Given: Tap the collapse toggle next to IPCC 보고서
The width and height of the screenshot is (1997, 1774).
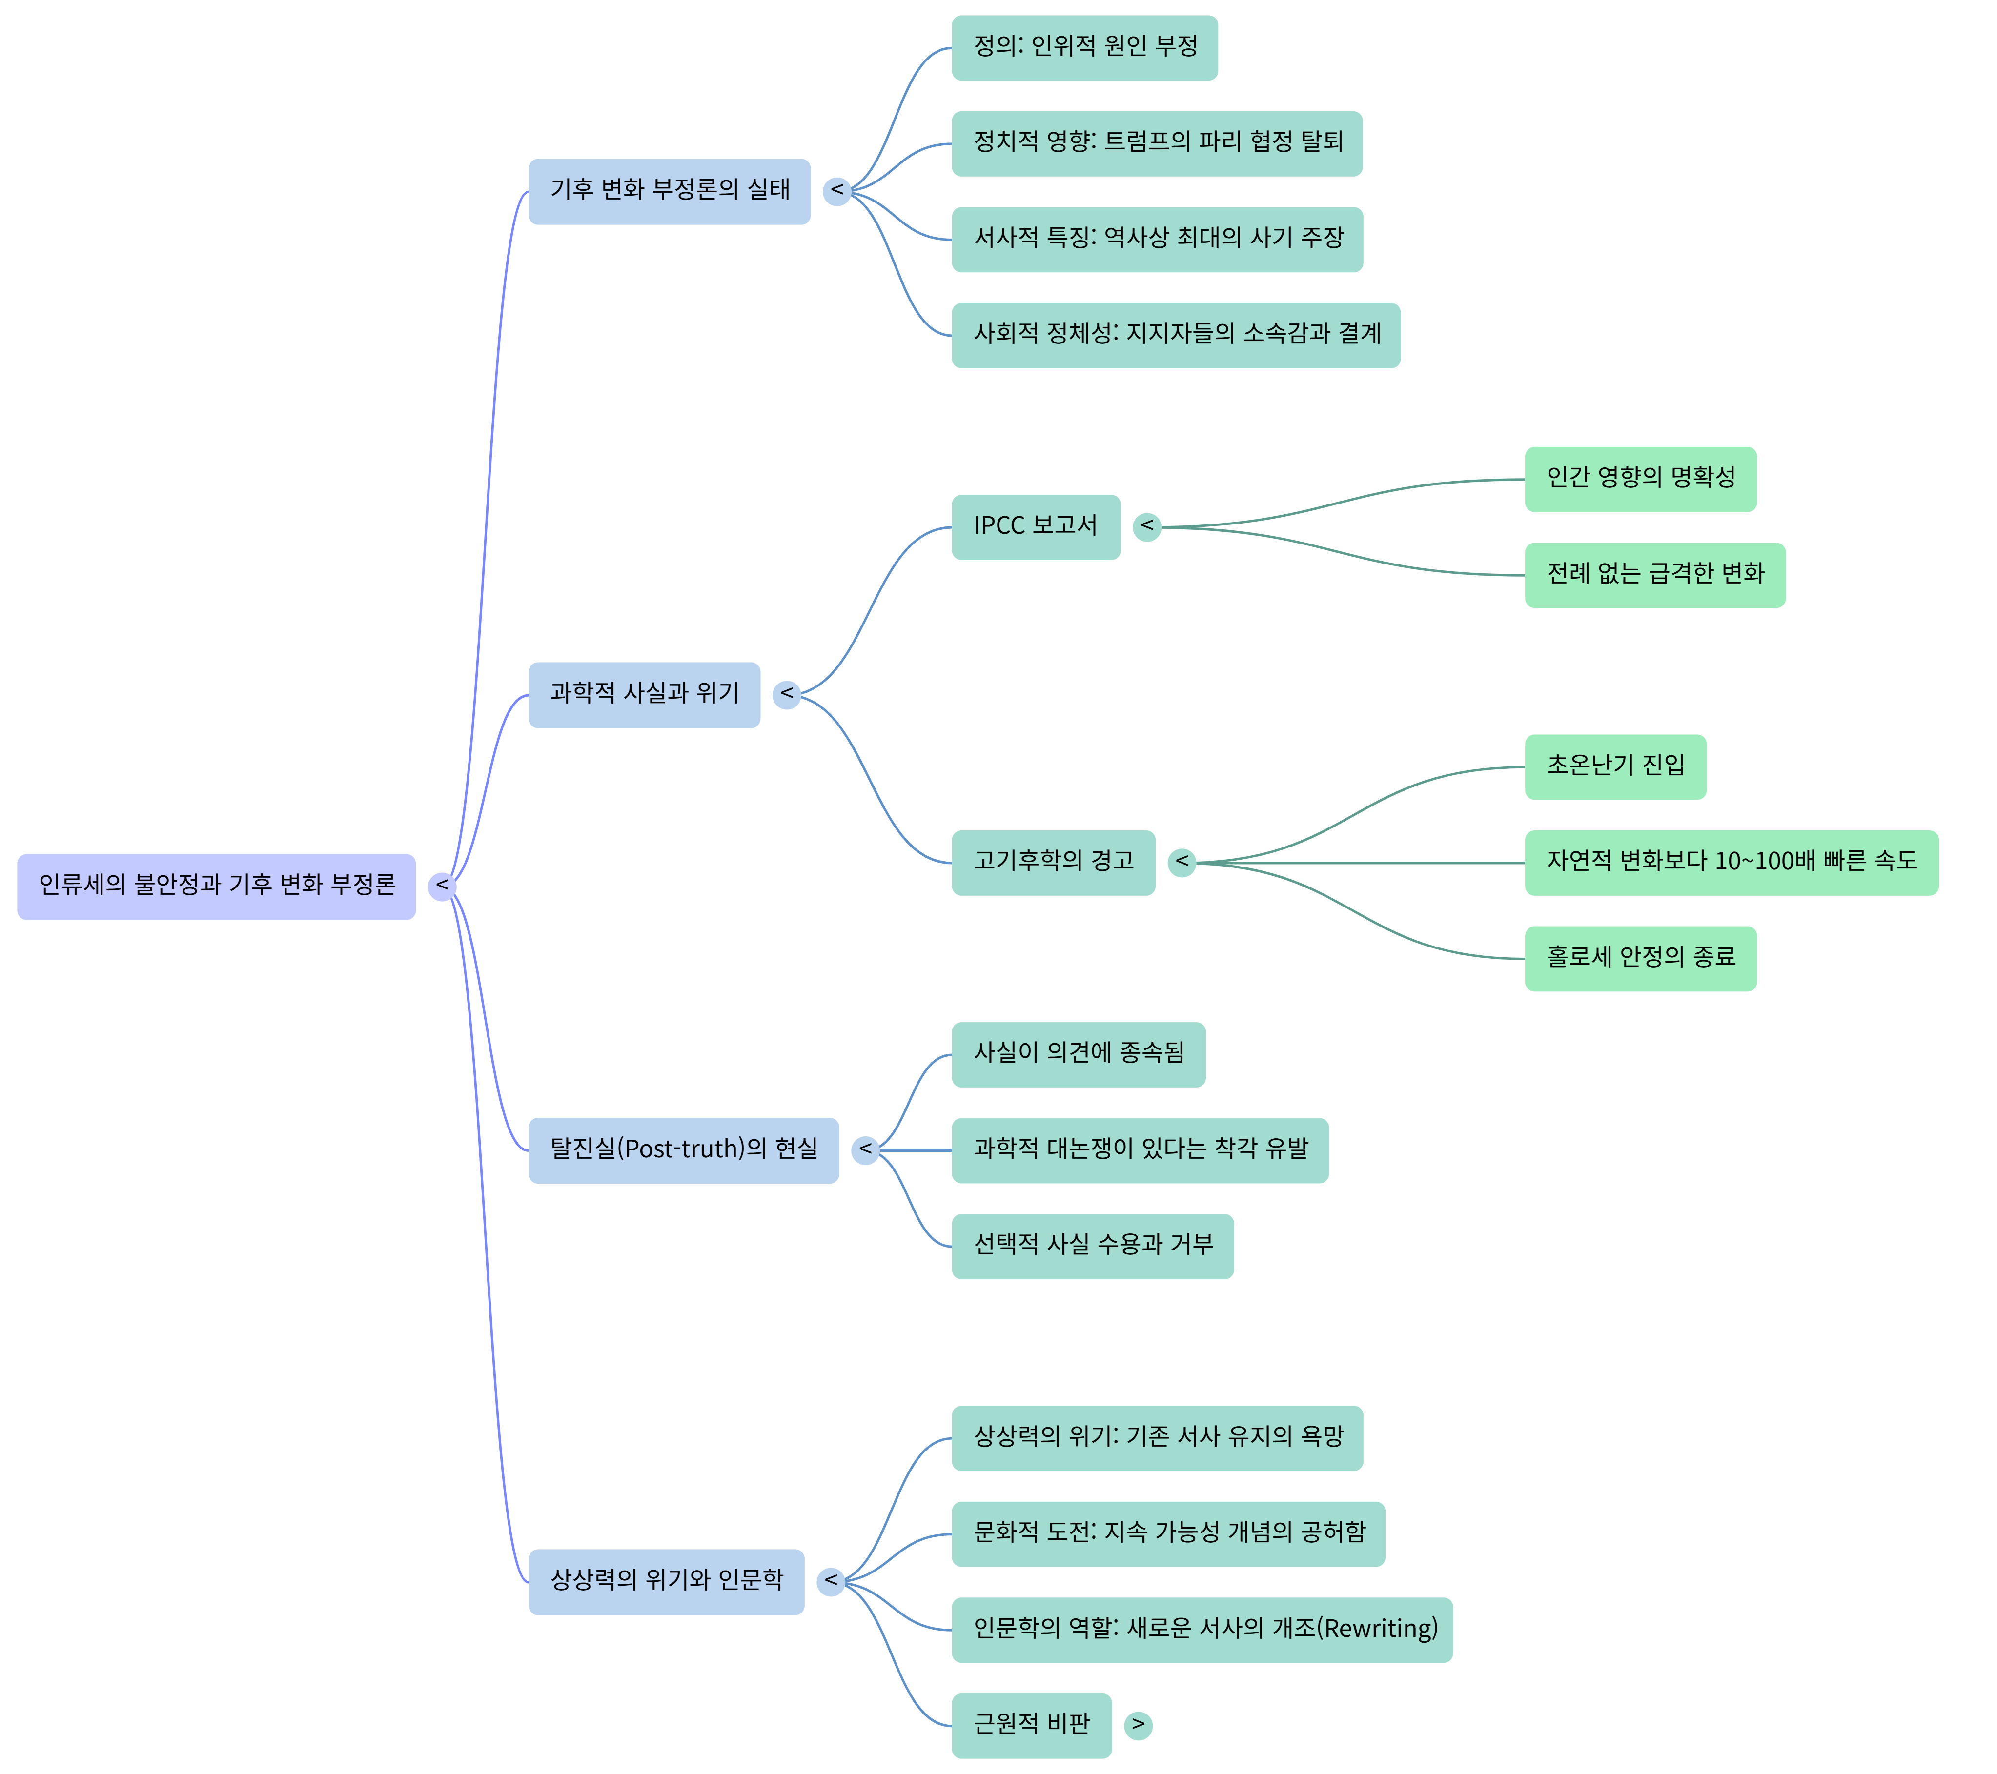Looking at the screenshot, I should click(x=1147, y=526).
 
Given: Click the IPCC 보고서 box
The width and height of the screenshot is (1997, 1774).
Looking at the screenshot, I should click(x=1036, y=526).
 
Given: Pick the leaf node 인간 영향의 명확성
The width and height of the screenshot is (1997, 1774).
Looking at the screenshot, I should click(x=1640, y=479).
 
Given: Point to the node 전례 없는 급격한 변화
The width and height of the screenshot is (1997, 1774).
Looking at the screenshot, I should click(x=1655, y=574).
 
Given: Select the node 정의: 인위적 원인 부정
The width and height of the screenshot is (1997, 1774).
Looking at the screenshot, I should click(x=1084, y=47).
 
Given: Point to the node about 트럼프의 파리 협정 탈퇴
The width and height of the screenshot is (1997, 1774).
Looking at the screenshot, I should click(x=1157, y=142).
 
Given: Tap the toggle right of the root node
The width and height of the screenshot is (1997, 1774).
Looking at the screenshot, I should click(x=443, y=886).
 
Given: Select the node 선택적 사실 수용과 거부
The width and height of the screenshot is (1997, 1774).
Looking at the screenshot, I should click(x=1092, y=1246).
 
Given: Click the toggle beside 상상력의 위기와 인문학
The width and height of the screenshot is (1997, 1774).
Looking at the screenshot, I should click(x=831, y=1582).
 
